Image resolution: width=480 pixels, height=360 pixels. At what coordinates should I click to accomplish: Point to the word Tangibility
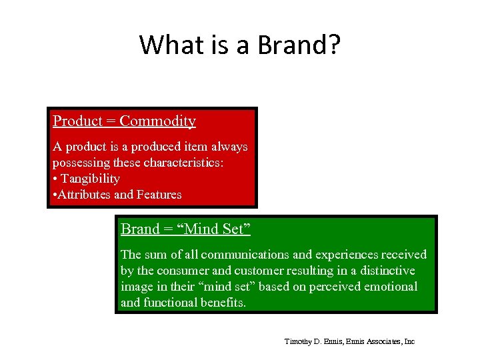click(90, 179)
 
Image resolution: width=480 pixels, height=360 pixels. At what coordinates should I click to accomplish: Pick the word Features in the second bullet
click(159, 195)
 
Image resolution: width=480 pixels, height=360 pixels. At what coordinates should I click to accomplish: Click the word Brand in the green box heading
click(140, 229)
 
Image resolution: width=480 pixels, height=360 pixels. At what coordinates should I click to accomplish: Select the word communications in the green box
click(243, 255)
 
